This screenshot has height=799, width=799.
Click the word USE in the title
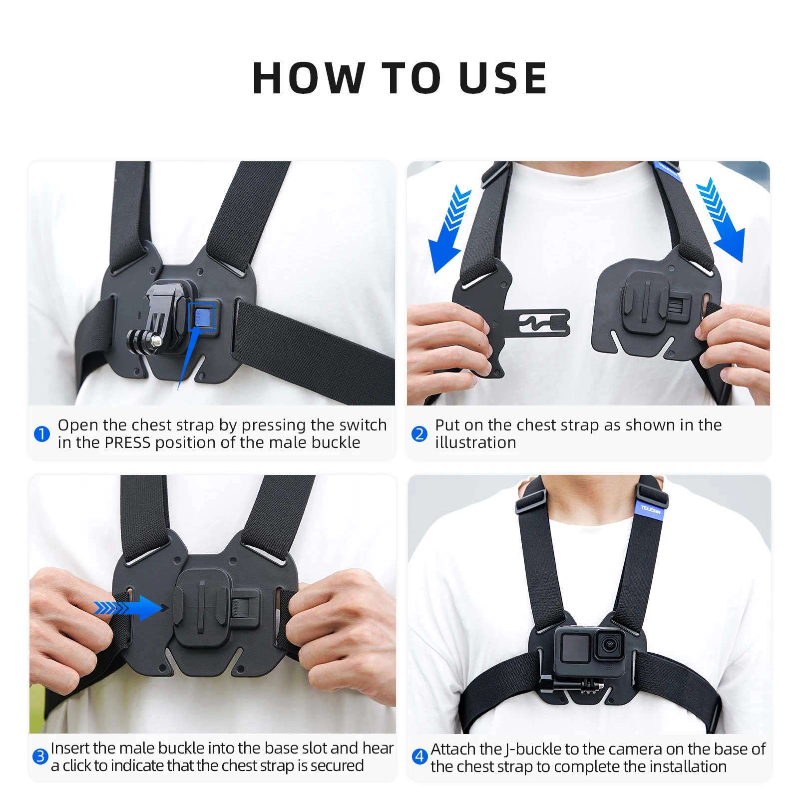tap(503, 78)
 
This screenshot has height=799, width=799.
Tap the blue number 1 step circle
tap(42, 433)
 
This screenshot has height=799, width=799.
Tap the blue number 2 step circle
tap(419, 433)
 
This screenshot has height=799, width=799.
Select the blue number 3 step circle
tap(40, 757)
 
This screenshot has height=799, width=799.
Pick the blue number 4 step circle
tap(419, 757)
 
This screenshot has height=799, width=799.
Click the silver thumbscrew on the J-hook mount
tap(156, 342)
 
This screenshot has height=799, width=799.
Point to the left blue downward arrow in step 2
tap(449, 229)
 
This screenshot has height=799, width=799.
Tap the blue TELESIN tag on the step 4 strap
tap(651, 510)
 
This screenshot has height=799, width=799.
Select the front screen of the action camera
tap(576, 648)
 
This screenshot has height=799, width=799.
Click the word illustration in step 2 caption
tap(475, 442)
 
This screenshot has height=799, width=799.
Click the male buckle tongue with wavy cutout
tap(536, 323)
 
